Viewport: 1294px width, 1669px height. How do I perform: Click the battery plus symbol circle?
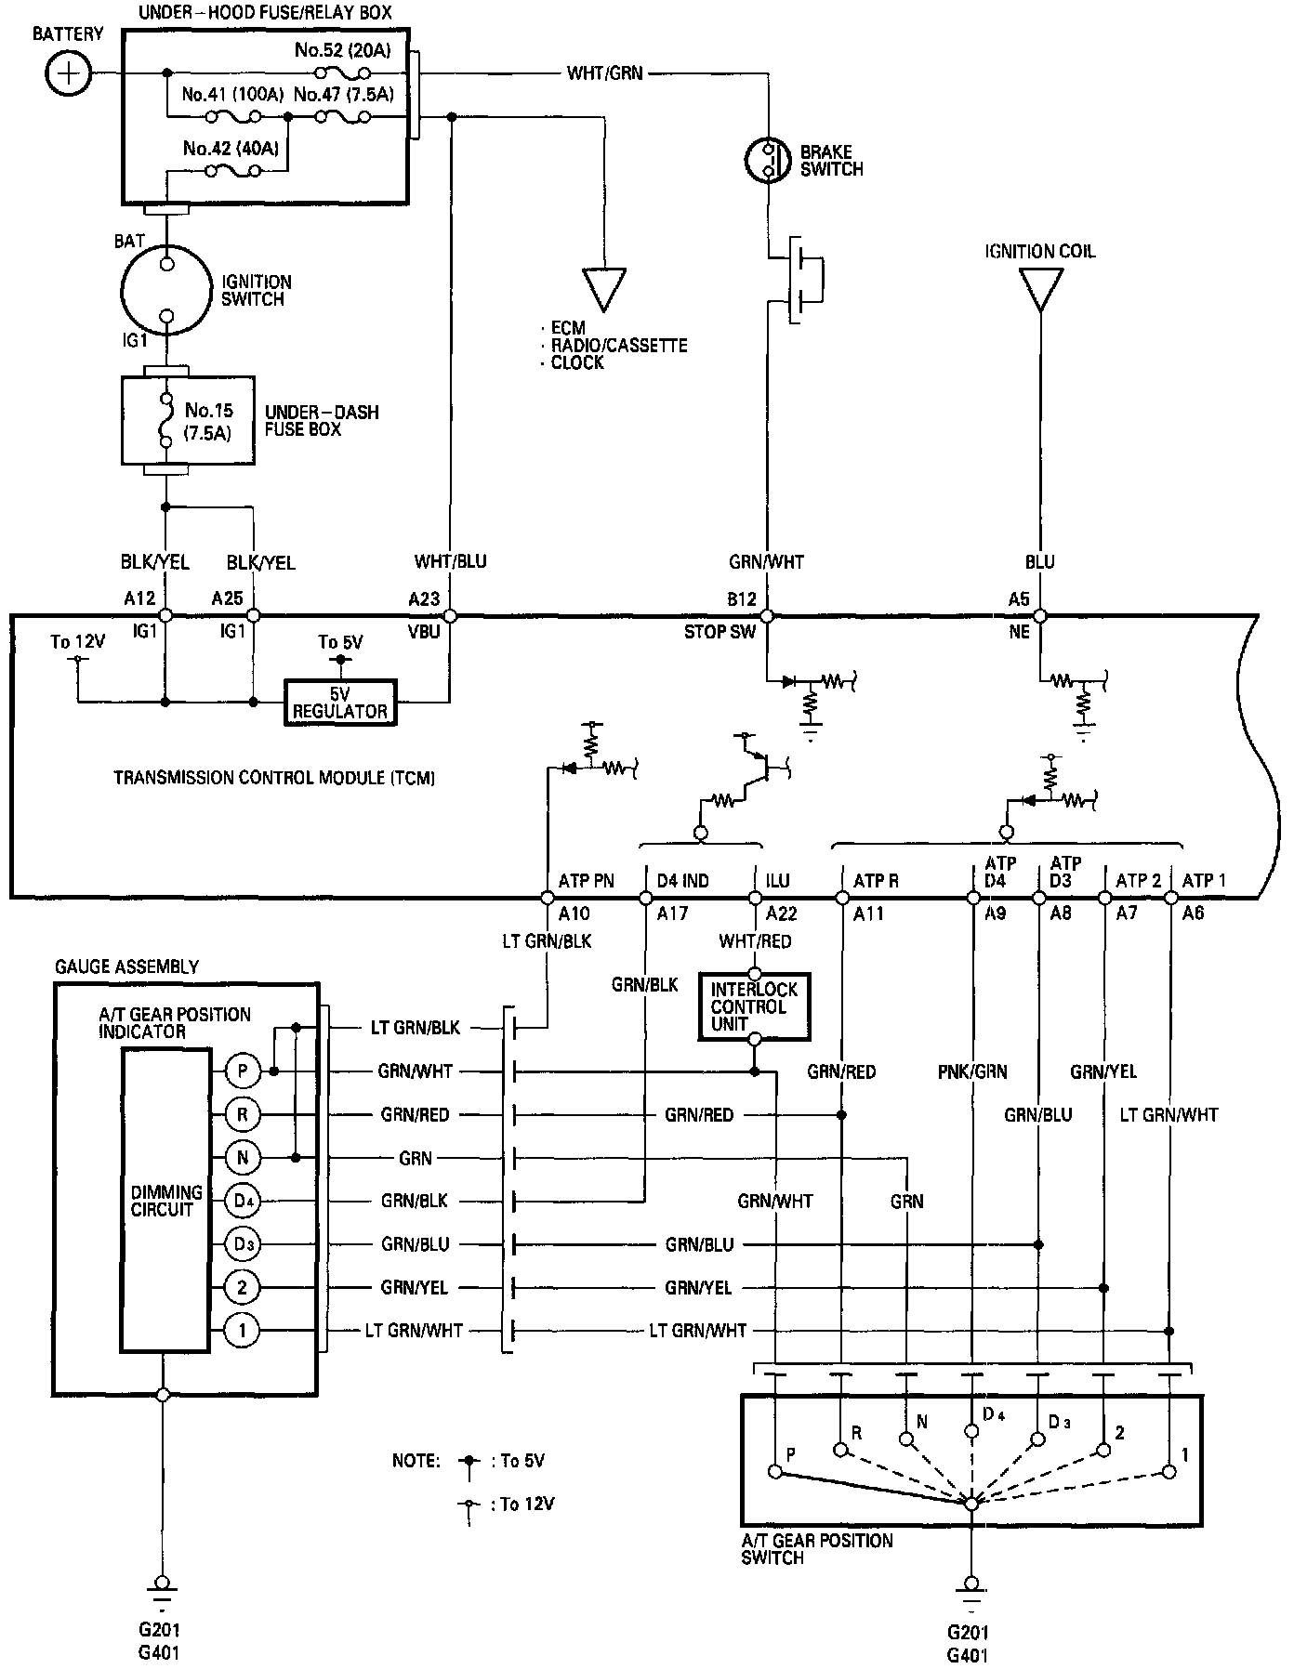click(69, 72)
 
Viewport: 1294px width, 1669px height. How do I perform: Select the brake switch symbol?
click(768, 160)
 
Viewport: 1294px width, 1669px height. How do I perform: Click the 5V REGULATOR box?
click(340, 703)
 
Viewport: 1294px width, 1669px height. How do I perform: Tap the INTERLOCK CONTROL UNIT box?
click(754, 1006)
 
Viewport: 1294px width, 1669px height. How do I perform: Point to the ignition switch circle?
click(166, 291)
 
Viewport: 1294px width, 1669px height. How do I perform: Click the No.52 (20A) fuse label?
click(344, 50)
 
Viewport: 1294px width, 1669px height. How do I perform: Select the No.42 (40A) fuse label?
click(231, 148)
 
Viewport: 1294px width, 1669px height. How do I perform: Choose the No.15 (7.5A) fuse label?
click(209, 421)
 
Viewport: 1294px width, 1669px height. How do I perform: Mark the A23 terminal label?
click(424, 599)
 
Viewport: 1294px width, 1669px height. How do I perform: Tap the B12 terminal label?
click(742, 599)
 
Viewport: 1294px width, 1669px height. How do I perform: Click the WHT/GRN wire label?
click(605, 72)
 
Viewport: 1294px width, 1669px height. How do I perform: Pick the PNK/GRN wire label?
click(972, 1071)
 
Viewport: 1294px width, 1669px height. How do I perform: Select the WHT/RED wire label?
click(756, 941)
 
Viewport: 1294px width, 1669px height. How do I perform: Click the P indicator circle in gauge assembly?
click(243, 1071)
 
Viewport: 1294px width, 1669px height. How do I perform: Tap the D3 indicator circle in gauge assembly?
click(243, 1244)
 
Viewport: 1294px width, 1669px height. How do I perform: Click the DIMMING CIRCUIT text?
click(166, 1201)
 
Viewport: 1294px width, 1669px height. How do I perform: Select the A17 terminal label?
click(672, 913)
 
